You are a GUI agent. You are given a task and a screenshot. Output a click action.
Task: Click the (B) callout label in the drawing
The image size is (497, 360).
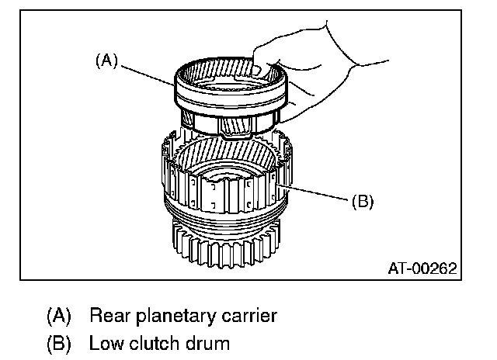point(363,201)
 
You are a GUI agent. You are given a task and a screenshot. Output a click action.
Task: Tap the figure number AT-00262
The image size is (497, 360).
point(422,268)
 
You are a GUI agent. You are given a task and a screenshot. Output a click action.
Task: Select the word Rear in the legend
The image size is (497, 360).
point(109,316)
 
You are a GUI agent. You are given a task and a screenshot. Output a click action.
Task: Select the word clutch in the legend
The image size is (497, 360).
point(153,342)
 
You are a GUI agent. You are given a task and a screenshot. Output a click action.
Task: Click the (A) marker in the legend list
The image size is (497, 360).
point(59,317)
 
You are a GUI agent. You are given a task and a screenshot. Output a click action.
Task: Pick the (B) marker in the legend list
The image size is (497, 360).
point(59,342)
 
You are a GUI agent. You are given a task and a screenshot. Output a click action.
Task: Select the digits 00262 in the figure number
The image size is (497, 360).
point(434,268)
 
